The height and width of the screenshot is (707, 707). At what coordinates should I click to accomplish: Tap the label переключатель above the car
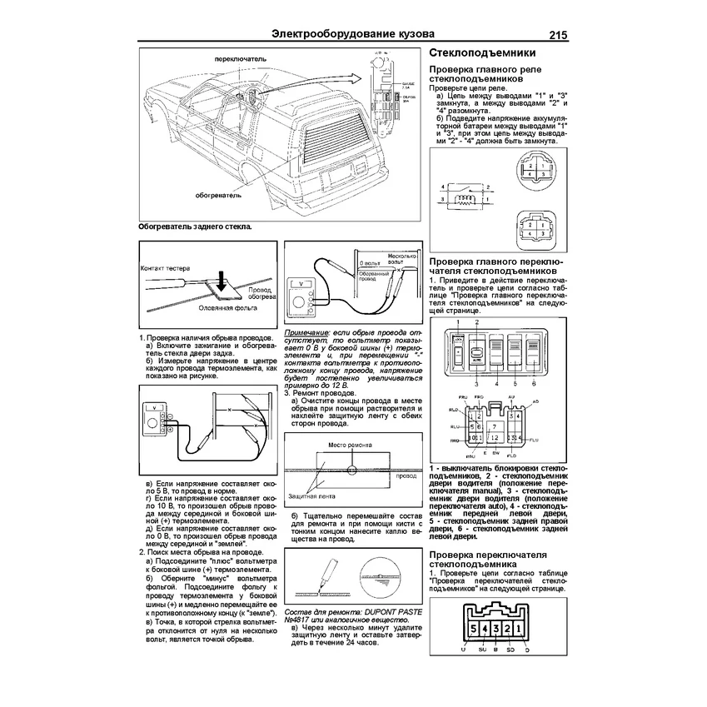[x=240, y=61]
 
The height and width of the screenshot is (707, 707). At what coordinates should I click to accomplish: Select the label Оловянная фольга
[x=224, y=306]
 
